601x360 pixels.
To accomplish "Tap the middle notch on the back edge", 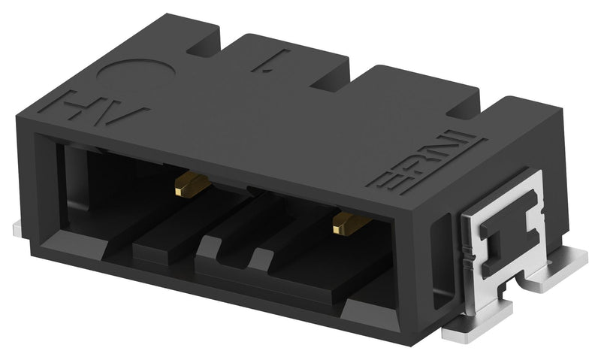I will click(x=334, y=79).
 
